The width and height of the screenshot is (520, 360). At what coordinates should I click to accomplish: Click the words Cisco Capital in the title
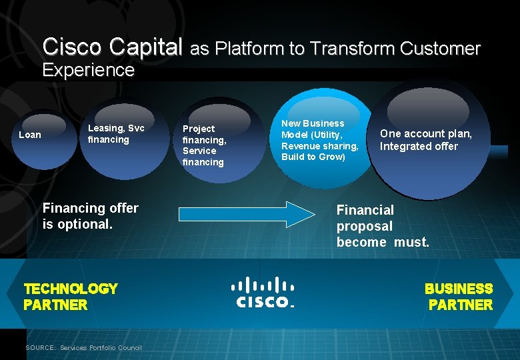(112, 47)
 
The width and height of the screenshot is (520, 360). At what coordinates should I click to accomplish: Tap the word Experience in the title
(88, 70)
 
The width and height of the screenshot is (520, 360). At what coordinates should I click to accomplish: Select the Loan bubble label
(30, 135)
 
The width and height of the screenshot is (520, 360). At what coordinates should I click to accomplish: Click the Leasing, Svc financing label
(116, 133)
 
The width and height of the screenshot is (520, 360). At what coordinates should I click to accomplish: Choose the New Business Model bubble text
(319, 140)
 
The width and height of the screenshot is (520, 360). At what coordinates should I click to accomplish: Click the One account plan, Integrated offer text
(426, 140)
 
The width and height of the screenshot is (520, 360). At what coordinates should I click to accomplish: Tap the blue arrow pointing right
(246, 213)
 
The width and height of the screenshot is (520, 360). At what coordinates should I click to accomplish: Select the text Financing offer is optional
(91, 216)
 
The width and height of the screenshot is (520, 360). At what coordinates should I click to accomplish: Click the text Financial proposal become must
(383, 227)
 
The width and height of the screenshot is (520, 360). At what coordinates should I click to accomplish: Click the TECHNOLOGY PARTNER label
(70, 297)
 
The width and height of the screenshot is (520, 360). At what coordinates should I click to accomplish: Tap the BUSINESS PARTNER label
(459, 297)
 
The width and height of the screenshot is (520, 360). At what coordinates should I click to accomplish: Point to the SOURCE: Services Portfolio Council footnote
(83, 347)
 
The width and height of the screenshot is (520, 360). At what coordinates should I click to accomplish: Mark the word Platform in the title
(251, 49)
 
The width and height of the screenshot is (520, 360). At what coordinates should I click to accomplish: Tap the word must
(411, 243)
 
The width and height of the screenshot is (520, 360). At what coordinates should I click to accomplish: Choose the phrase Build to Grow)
(313, 157)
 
